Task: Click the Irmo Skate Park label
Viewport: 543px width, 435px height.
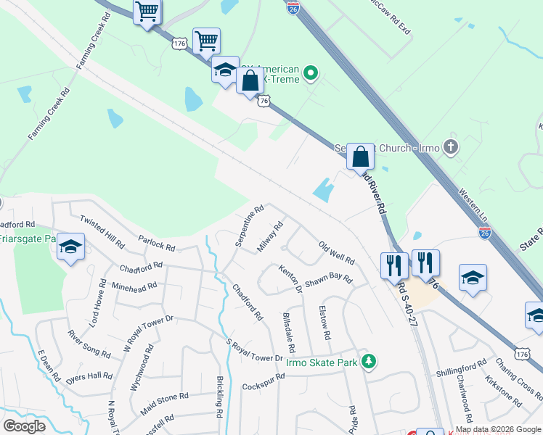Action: click(323, 362)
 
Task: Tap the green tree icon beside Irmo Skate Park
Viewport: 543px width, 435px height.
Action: click(370, 361)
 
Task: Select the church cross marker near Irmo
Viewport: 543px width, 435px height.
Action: click(451, 148)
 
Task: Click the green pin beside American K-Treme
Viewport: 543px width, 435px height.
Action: click(311, 72)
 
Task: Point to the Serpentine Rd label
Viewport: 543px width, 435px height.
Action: click(249, 225)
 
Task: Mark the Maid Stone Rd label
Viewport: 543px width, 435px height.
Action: click(164, 403)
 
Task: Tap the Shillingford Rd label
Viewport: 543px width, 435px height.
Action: click(461, 372)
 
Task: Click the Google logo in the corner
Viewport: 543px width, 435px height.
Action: click(24, 426)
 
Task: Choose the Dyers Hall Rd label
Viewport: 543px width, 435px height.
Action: click(90, 376)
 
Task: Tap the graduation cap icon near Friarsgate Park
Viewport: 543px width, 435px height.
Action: click(71, 247)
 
